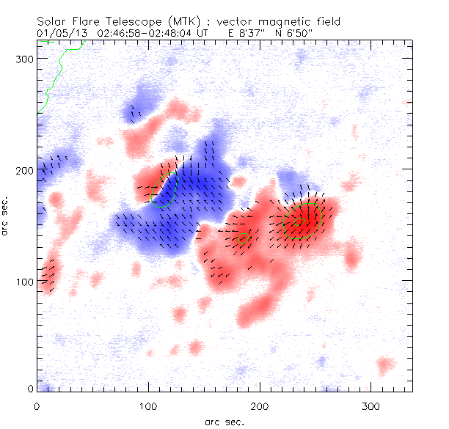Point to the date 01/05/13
click(x=59, y=33)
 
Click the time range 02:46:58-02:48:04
click(x=144, y=33)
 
